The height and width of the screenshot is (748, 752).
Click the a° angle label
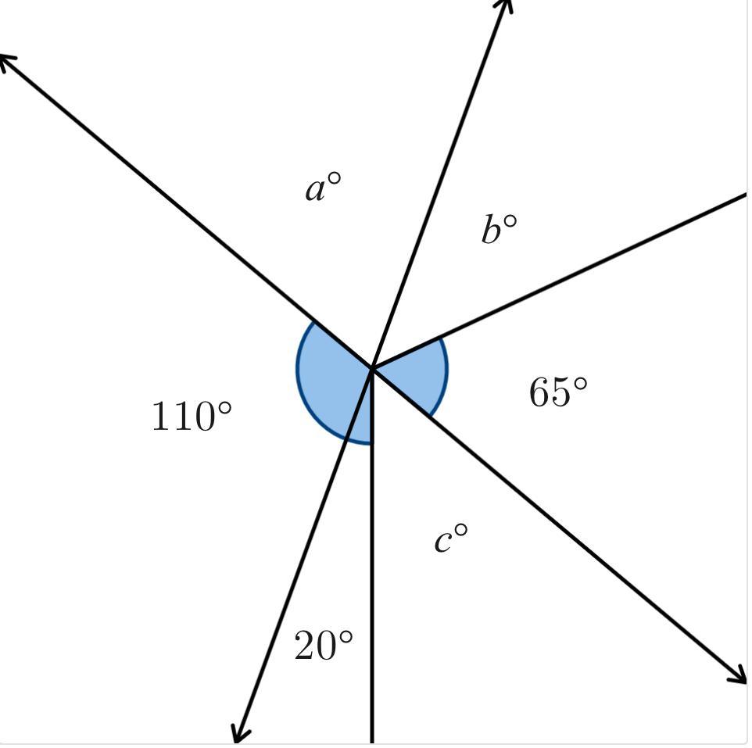tap(324, 187)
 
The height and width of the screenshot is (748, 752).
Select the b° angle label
tap(500, 229)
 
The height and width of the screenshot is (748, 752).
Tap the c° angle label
tap(451, 538)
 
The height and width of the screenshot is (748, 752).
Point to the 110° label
tap(192, 415)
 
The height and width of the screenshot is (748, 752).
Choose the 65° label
tap(558, 392)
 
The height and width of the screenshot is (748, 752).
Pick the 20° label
tap(324, 644)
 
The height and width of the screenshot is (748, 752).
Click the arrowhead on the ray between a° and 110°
tap(7, 63)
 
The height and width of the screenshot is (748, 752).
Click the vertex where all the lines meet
tap(372, 368)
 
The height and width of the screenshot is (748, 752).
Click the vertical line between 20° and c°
tap(372, 556)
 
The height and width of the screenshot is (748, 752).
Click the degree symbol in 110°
tap(224, 409)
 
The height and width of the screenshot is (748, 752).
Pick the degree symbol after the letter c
tap(461, 530)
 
